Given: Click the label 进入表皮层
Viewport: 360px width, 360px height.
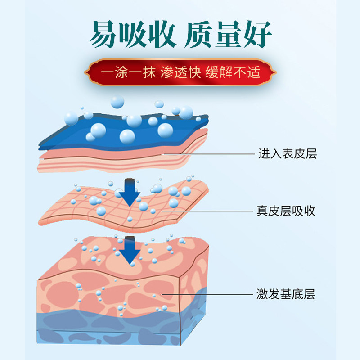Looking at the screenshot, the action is [x=288, y=154].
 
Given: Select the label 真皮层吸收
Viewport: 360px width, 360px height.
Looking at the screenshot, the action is [x=286, y=211].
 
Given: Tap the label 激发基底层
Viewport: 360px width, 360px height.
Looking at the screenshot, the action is [x=286, y=295].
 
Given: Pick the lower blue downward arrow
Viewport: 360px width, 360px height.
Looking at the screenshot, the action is [x=130, y=250].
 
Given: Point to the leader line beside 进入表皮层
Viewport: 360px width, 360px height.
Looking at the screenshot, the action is [x=211, y=154].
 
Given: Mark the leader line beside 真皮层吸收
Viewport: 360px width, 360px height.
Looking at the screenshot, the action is [x=211, y=211].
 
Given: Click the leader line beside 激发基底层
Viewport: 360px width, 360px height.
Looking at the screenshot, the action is [x=207, y=295].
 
